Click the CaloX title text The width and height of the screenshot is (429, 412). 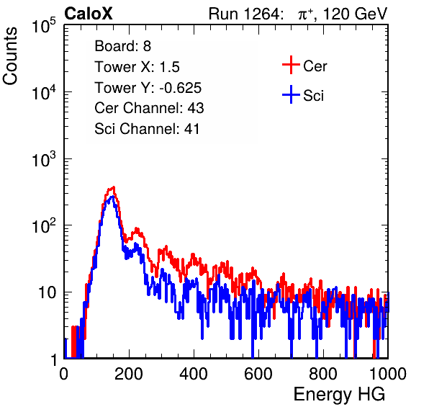point(89,14)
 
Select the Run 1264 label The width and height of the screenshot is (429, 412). point(244,14)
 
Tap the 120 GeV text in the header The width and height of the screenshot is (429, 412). point(356,14)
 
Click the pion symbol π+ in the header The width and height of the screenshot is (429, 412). point(306,14)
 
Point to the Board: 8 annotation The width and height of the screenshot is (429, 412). point(123,46)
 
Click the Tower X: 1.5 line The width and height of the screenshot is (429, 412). point(137,67)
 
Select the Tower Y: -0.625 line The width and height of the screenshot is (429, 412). point(148,88)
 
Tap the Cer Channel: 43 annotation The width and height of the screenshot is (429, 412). point(149,108)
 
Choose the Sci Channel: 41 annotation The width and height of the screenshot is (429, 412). point(147,129)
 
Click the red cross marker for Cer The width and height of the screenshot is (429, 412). point(291,65)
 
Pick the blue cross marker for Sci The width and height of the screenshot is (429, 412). point(291,94)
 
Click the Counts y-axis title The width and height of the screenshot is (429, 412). point(10,56)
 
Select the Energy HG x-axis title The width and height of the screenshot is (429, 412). point(339,395)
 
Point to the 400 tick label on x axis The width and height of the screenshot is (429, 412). point(194,374)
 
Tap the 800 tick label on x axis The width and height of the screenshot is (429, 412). point(323,374)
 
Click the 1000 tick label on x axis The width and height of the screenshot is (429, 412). point(388,374)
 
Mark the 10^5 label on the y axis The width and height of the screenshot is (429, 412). point(44,25)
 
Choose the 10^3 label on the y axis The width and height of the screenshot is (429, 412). point(44,158)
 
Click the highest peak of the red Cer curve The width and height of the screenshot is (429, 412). point(114,187)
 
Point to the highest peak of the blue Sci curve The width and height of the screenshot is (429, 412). point(112,197)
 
